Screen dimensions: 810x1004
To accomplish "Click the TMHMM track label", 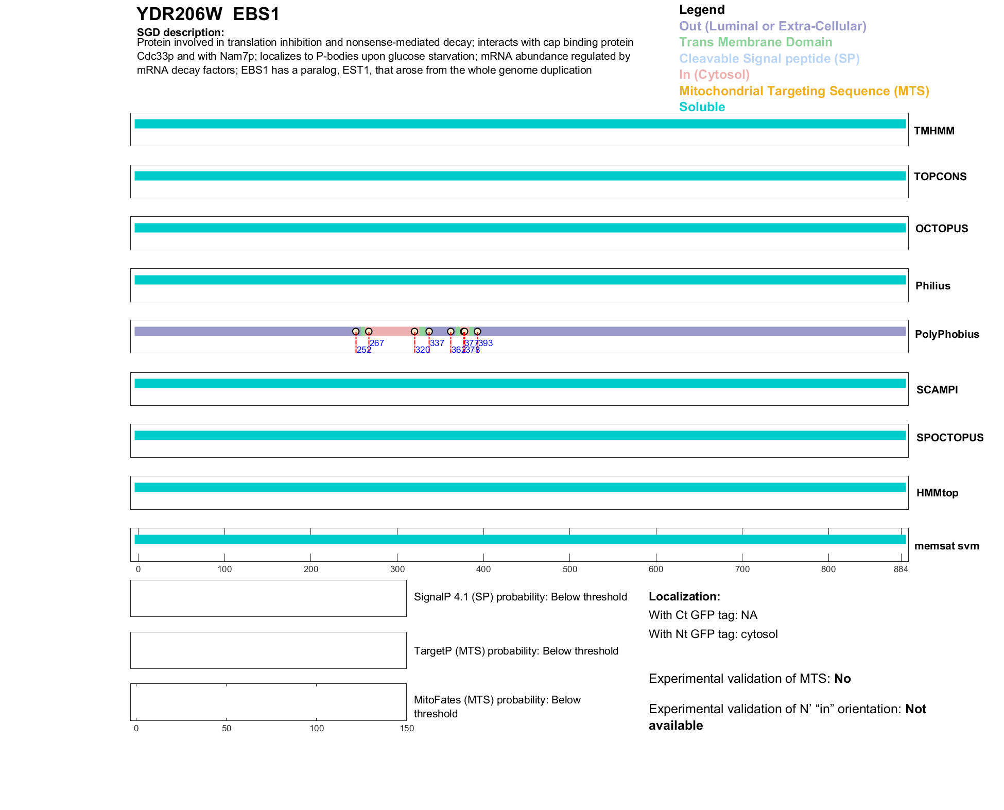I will pos(933,131).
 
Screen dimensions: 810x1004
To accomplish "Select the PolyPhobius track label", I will pos(946,334).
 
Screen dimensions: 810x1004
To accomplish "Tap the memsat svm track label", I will pos(946,546).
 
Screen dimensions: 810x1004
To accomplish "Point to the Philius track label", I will pos(932,286).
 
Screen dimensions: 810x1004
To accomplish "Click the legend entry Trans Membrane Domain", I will pos(755,42).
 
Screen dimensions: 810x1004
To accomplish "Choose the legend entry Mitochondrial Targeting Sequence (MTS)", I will pos(804,91).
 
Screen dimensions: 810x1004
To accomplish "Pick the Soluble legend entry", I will pos(702,107).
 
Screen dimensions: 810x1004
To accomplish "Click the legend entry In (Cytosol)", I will pos(714,75).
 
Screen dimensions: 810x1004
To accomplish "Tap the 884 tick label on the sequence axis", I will pos(901,569).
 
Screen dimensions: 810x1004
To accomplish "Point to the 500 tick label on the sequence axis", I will pos(569,569).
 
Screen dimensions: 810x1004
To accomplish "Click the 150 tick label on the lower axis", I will pos(407,728).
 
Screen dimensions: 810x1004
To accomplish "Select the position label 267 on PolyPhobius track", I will pos(377,343).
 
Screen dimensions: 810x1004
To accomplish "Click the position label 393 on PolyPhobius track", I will pos(486,343).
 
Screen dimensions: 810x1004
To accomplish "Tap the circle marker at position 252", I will pos(356,332).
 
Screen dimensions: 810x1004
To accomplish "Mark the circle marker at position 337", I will pos(429,332).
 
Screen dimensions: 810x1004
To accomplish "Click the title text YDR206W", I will pos(179,14).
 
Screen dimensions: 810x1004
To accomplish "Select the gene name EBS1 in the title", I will pos(256,14).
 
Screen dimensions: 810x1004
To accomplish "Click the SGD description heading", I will pos(180,32).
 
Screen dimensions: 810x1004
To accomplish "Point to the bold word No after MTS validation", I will pos(842,679).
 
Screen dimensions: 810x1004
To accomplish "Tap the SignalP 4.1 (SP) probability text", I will pos(520,597).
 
